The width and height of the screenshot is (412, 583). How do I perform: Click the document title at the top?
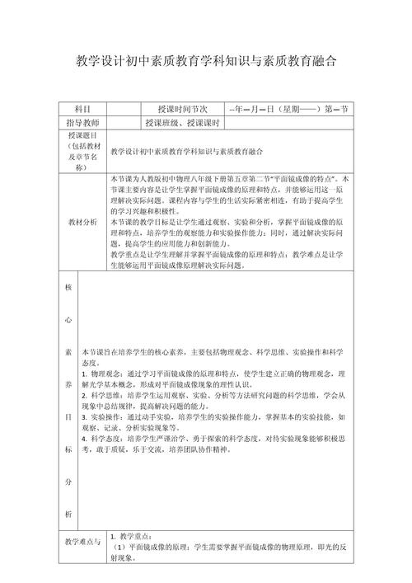coord(206,62)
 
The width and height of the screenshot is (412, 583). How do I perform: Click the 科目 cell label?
coord(82,110)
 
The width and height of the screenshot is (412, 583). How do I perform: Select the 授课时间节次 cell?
coord(178,110)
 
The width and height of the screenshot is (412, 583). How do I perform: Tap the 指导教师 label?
coord(82,124)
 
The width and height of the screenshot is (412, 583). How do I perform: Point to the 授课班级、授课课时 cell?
coord(181,124)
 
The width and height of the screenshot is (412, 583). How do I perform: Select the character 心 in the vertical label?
coord(68,319)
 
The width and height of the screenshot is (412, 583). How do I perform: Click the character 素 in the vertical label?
coord(68,351)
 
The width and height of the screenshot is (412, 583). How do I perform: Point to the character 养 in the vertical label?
coord(68,384)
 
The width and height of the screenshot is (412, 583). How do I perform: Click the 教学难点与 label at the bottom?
coord(82,543)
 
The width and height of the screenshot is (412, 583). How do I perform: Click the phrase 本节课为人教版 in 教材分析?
coord(138,178)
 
